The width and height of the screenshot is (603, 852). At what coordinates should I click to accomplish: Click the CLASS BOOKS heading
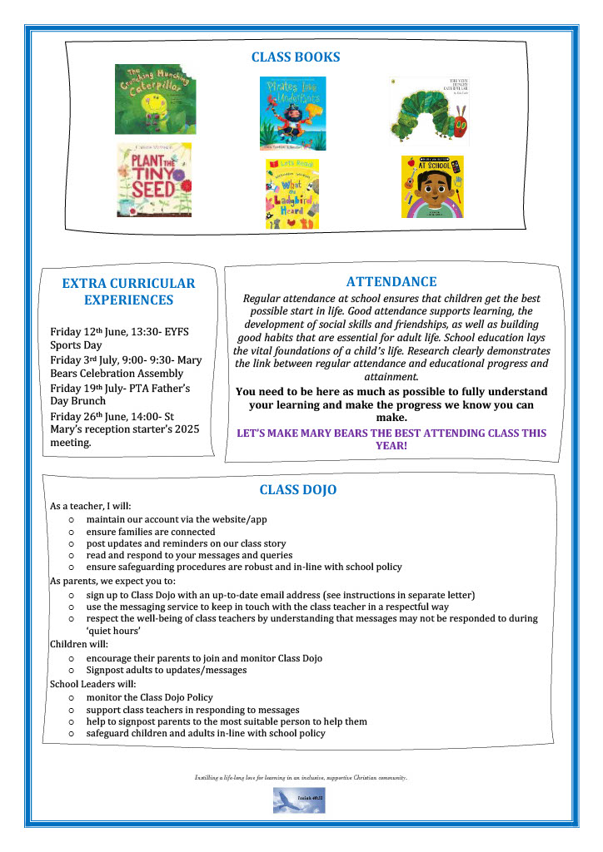(296, 57)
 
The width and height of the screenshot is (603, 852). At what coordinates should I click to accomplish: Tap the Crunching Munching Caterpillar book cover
(155, 99)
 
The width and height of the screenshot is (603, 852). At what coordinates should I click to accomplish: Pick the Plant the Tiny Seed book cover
(154, 180)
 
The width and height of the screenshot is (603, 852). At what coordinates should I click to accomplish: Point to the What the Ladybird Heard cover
(292, 194)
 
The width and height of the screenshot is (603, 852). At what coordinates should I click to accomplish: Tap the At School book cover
(432, 186)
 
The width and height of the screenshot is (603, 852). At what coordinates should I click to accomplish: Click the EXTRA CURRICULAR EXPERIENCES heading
(128, 291)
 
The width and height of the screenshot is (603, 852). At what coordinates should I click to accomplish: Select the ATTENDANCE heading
(391, 282)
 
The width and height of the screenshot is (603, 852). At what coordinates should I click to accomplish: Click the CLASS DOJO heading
(297, 489)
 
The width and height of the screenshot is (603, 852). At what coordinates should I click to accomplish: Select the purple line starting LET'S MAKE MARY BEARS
(391, 438)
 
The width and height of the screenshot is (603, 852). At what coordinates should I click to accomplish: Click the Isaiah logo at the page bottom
(299, 800)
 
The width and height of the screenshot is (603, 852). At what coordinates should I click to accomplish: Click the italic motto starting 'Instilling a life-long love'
(301, 777)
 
